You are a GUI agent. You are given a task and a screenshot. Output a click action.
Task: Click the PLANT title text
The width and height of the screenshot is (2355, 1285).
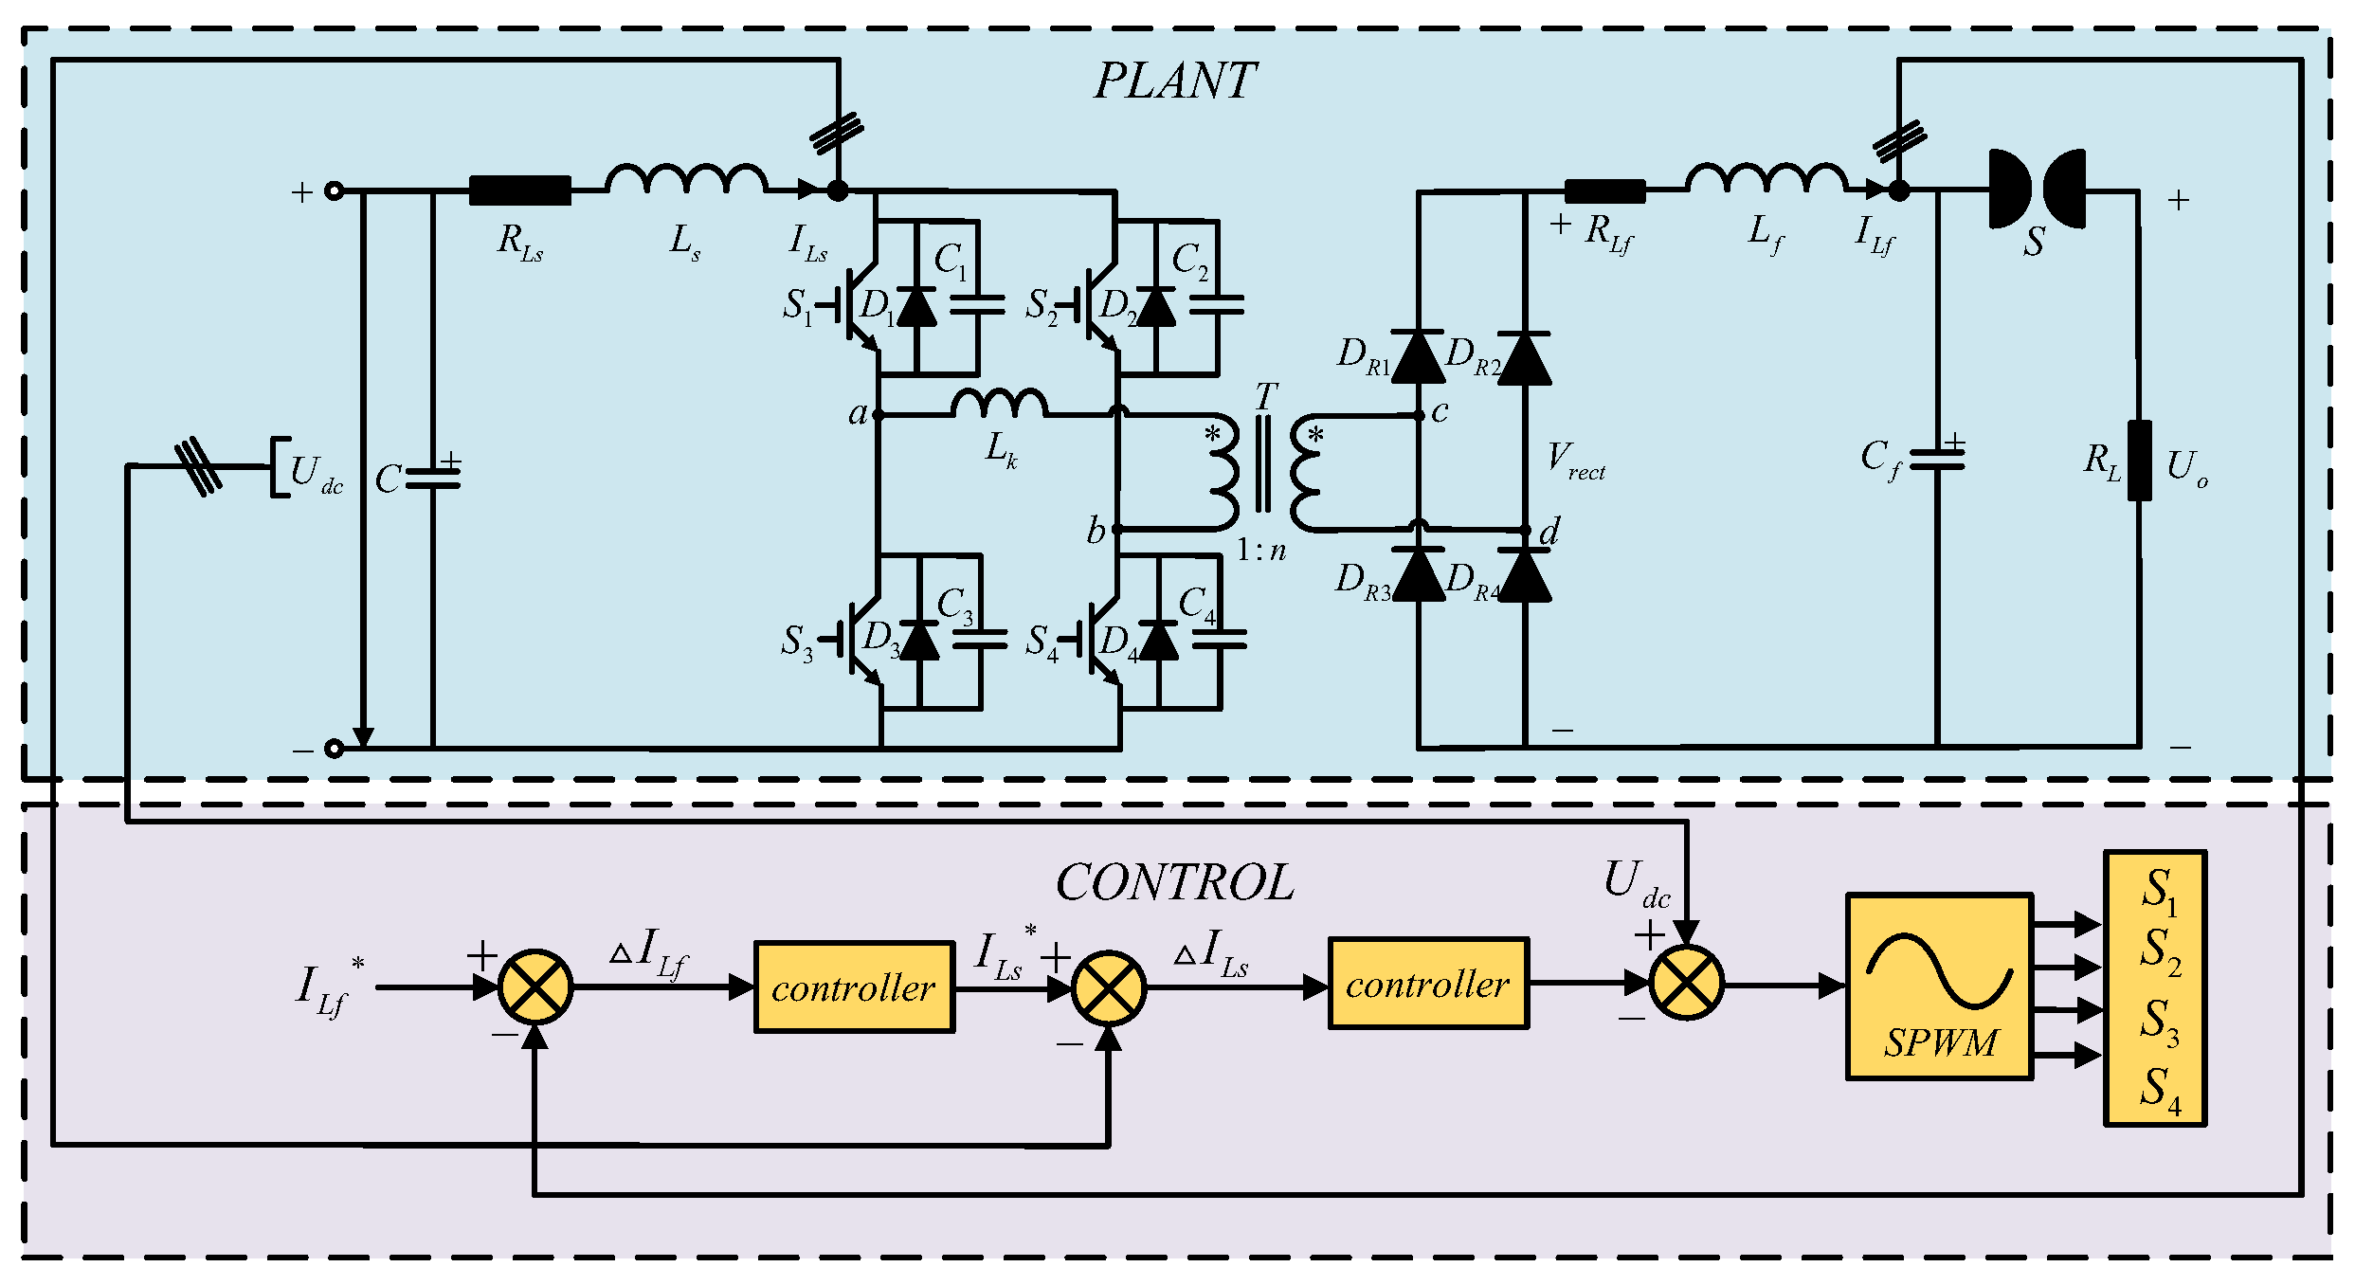click(1175, 81)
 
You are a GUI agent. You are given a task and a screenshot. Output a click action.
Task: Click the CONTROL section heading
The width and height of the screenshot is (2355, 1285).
click(1175, 883)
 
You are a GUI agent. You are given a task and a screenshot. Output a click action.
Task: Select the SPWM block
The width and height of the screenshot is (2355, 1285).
click(1939, 986)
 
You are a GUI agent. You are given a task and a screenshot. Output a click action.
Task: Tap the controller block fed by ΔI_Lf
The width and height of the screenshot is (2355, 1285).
click(854, 987)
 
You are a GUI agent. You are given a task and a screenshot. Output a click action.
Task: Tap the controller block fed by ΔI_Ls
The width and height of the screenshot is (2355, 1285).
click(1428, 984)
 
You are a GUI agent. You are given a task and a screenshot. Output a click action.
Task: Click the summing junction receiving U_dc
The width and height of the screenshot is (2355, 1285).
click(1686, 983)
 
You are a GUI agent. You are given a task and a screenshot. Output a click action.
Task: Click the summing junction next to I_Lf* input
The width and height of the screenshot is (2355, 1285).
click(535, 986)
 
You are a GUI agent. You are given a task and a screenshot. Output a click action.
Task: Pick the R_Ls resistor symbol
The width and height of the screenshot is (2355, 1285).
click(520, 190)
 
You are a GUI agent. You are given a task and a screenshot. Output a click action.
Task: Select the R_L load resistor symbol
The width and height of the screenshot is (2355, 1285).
click(2139, 461)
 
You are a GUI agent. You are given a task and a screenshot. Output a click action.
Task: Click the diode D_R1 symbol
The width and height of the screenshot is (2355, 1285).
click(1418, 357)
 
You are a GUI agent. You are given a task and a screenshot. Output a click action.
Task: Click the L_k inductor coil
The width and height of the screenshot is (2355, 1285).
click(1000, 404)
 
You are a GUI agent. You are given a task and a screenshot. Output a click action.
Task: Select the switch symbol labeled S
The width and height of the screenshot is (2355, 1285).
click(2037, 190)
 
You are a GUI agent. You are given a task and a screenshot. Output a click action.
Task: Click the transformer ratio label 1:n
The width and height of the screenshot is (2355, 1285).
click(1261, 551)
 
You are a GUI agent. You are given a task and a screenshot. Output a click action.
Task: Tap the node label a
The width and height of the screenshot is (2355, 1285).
click(857, 414)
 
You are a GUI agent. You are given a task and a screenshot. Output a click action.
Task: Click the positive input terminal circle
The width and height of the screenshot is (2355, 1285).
click(334, 190)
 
